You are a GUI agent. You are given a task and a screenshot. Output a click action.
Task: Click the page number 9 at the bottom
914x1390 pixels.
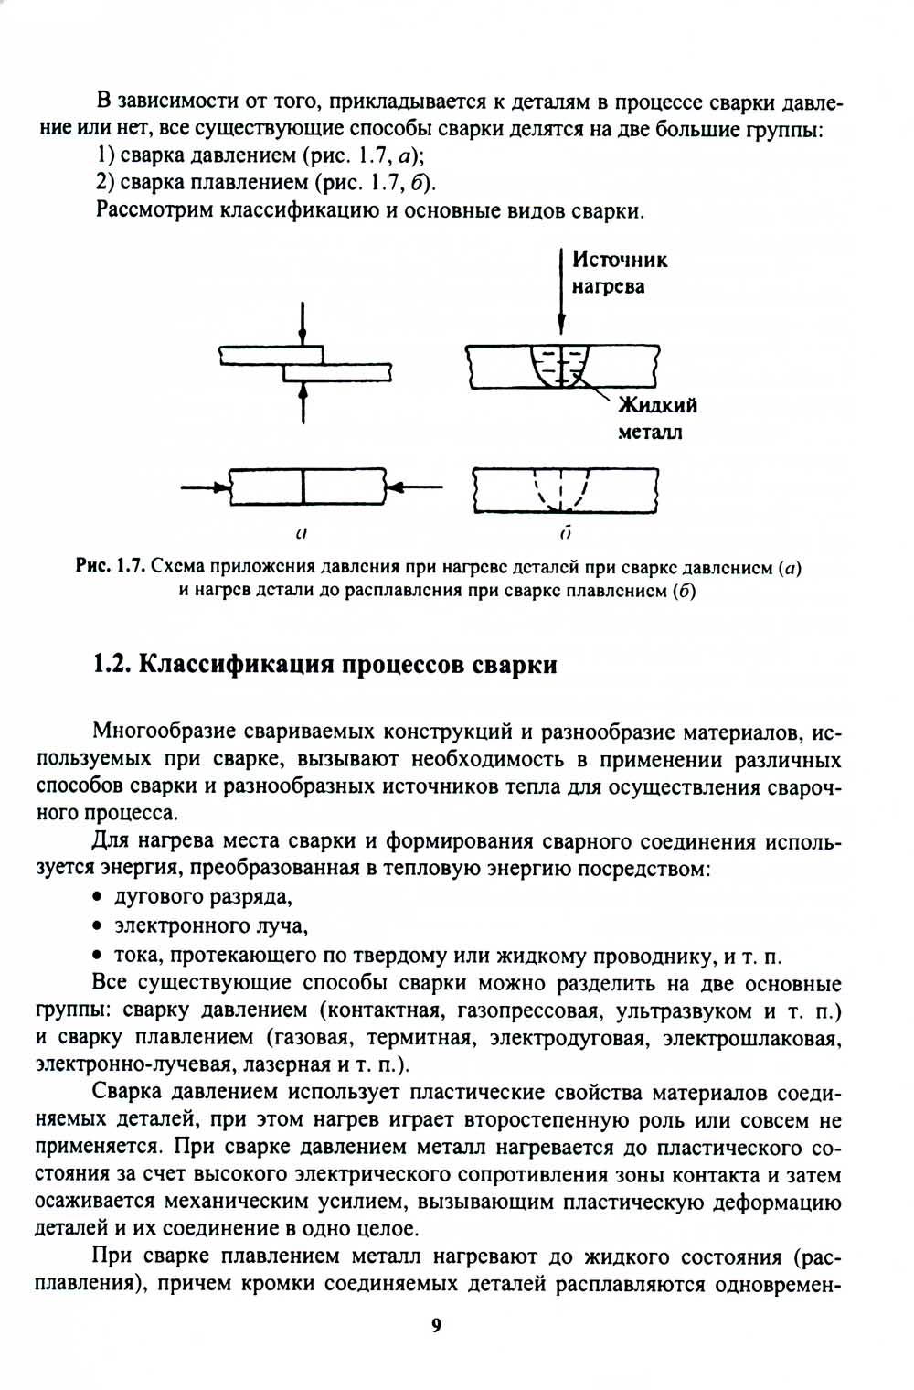tap(436, 1325)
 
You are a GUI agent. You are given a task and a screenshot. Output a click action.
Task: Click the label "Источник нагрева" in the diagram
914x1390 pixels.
tap(619, 273)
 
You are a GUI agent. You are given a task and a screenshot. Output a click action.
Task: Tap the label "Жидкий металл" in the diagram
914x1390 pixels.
tap(656, 418)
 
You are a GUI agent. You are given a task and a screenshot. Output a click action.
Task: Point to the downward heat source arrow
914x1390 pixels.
tap(561, 291)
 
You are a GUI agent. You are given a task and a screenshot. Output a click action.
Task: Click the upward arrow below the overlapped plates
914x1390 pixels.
tap(303, 402)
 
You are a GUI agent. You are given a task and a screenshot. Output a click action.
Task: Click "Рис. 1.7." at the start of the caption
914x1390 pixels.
tap(111, 567)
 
